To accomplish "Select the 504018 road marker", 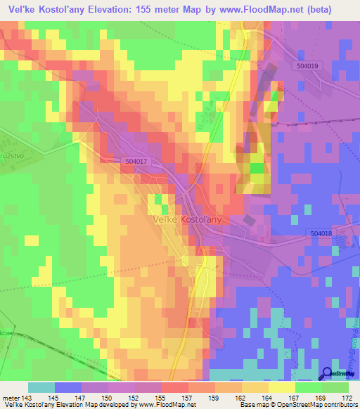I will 320,233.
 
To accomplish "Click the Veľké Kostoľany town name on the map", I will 186,219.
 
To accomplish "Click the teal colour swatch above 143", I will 41,387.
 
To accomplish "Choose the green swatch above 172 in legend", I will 335,387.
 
